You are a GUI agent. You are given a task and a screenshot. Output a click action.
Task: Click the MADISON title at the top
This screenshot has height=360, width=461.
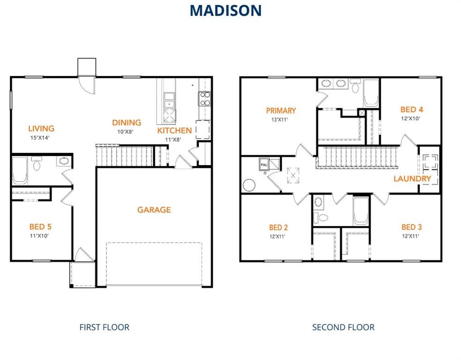[225, 10]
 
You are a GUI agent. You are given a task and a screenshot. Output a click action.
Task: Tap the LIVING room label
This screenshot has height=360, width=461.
[41, 128]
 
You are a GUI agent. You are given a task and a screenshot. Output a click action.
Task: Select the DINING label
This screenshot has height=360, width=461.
[126, 123]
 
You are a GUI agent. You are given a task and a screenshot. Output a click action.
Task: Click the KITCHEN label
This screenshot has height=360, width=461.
[174, 130]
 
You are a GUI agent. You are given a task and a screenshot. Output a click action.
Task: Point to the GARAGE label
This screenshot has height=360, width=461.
[154, 210]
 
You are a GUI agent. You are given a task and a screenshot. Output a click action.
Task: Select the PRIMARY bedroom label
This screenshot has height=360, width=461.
[281, 111]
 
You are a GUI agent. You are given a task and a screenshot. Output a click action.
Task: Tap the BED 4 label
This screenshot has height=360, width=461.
[412, 110]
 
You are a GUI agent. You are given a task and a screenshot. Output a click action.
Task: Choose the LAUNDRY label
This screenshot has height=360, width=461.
[412, 179]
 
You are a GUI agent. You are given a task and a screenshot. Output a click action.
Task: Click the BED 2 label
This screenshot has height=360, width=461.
[278, 227]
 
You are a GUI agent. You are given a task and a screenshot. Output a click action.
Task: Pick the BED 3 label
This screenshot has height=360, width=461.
[412, 227]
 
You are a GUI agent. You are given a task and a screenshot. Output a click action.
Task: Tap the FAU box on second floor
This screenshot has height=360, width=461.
[263, 165]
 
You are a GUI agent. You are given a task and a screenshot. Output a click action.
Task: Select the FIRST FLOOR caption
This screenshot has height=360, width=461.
[104, 327]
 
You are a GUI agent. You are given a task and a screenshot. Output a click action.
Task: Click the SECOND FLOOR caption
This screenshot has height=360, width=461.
[343, 327]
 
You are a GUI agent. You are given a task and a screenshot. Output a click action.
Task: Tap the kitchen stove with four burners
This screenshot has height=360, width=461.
[205, 99]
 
